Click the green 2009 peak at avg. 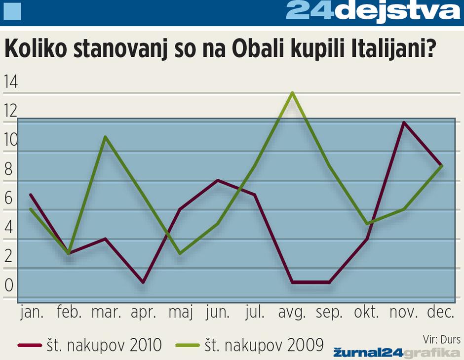[293, 93]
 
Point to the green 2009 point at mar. [105, 137]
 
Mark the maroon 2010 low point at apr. [143, 282]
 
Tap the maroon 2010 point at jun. [217, 180]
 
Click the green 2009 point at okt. [367, 224]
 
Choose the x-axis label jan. [31, 313]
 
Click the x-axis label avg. [292, 313]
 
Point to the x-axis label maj [180, 313]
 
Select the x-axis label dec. [441, 313]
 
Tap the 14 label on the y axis [10, 82]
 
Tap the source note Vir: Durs [441, 339]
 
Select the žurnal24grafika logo [396, 352]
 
